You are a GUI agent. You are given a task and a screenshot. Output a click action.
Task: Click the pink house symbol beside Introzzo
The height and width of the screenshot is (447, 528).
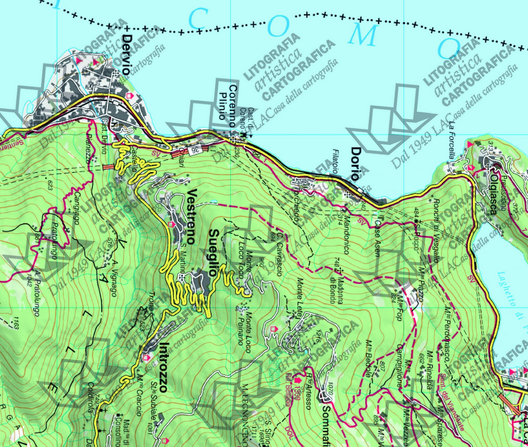(147, 358)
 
